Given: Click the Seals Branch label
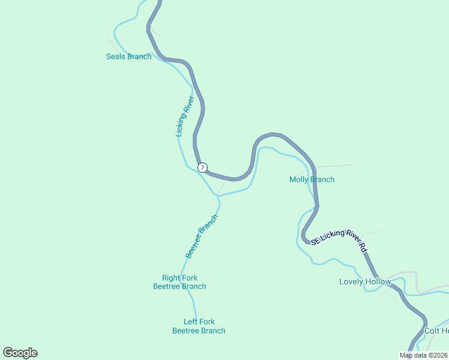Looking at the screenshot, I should pyautogui.click(x=128, y=57).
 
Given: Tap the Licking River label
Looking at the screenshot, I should pyautogui.click(x=184, y=116).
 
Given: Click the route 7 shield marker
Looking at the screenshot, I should pyautogui.click(x=203, y=167).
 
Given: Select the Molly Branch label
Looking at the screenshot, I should pyautogui.click(x=312, y=179).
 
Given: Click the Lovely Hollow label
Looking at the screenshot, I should pyautogui.click(x=365, y=281).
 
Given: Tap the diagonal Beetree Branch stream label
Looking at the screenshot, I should pyautogui.click(x=200, y=236).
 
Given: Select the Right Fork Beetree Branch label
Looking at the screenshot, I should pyautogui.click(x=179, y=282).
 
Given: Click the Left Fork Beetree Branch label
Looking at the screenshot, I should pyautogui.click(x=199, y=326).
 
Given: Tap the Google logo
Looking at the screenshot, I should pyautogui.click(x=20, y=353).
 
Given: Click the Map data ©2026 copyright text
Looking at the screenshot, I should pyautogui.click(x=423, y=355).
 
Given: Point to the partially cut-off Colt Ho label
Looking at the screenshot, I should pyautogui.click(x=436, y=331).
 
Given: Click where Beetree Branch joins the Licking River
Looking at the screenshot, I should pyautogui.click(x=218, y=196).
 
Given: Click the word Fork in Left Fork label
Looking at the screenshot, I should pyautogui.click(x=207, y=322).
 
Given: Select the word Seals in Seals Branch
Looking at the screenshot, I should pyautogui.click(x=116, y=57).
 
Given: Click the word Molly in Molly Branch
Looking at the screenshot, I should pyautogui.click(x=298, y=179).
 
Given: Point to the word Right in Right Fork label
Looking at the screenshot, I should pyautogui.click(x=171, y=278).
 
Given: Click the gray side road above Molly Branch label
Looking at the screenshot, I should pyautogui.click(x=333, y=166).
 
